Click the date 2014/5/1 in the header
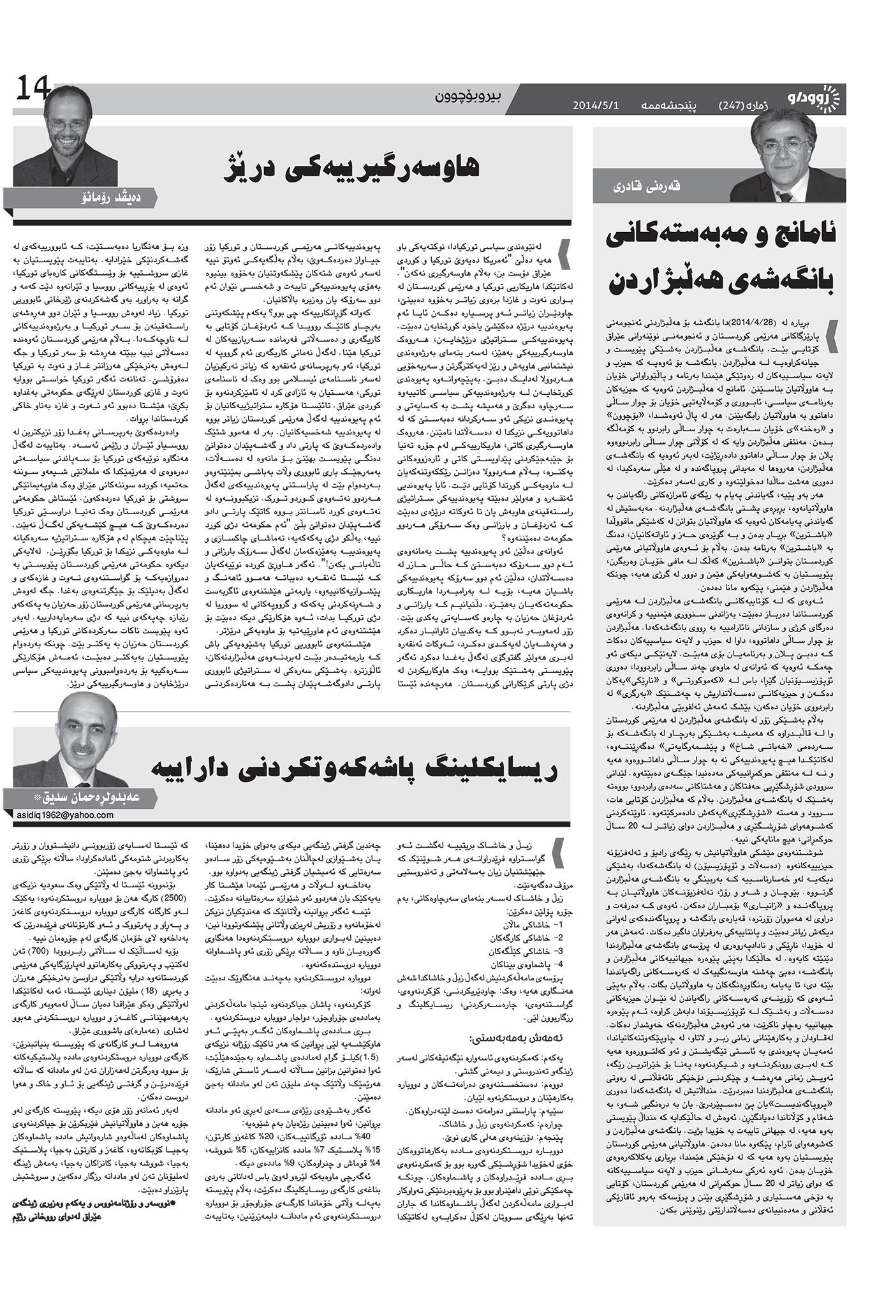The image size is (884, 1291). click(x=596, y=104)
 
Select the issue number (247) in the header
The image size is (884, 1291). click(x=737, y=104)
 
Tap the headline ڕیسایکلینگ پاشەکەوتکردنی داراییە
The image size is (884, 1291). click(x=354, y=769)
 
